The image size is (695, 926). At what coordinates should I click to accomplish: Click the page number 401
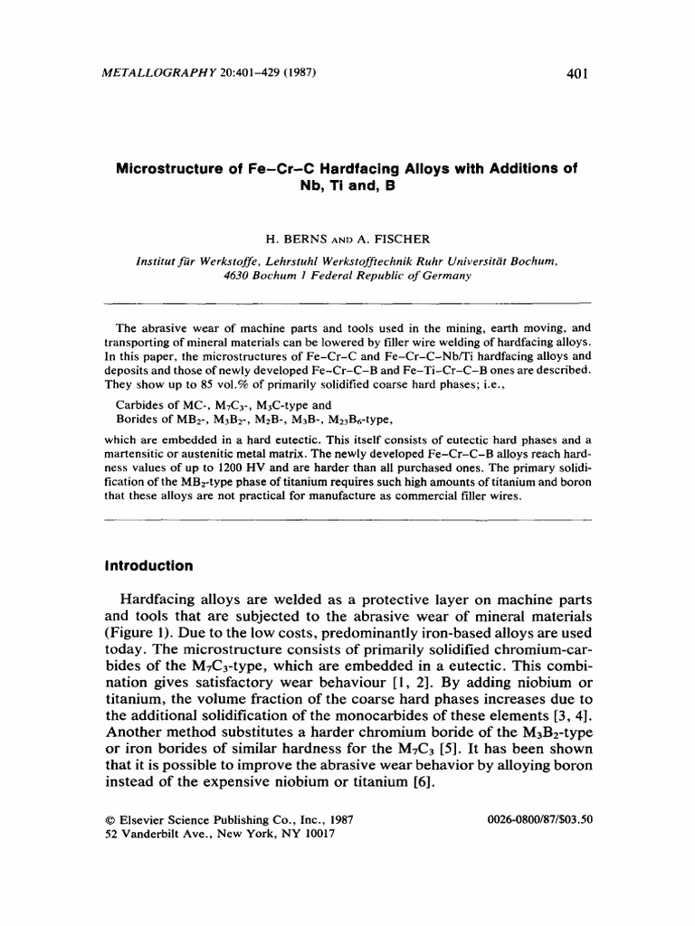[x=576, y=74]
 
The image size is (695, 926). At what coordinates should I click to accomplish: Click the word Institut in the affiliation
[x=157, y=260]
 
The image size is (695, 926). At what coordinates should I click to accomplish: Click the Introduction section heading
[x=149, y=566]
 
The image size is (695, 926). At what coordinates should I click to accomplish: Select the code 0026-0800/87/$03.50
[x=538, y=819]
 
